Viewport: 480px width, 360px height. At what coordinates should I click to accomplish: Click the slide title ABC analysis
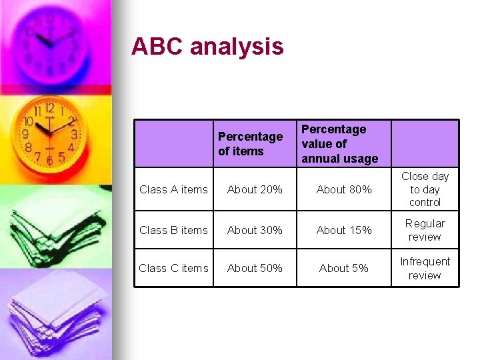pyautogui.click(x=207, y=47)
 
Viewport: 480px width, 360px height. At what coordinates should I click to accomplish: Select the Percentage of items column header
pyautogui.click(x=250, y=144)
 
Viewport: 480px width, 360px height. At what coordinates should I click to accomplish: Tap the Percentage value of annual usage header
pyautogui.click(x=339, y=143)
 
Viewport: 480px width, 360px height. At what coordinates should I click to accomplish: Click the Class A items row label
pyautogui.click(x=173, y=190)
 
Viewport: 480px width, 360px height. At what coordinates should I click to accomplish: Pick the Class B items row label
pyautogui.click(x=173, y=231)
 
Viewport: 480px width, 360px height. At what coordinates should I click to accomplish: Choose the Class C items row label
pyautogui.click(x=173, y=269)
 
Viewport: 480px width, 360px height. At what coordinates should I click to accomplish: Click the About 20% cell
pyautogui.click(x=255, y=190)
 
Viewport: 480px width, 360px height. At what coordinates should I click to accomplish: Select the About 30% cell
pyautogui.click(x=255, y=231)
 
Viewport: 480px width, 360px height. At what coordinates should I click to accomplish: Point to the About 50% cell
pyautogui.click(x=255, y=269)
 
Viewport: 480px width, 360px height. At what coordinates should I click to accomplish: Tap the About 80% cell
pyautogui.click(x=344, y=190)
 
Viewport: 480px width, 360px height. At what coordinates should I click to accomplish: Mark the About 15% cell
pyautogui.click(x=344, y=231)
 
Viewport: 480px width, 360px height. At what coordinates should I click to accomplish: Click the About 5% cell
pyautogui.click(x=344, y=269)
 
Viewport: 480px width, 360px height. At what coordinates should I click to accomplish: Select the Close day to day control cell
pyautogui.click(x=425, y=189)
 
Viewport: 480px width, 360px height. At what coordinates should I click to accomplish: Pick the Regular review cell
pyautogui.click(x=425, y=230)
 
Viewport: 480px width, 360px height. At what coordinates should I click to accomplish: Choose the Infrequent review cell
pyautogui.click(x=425, y=269)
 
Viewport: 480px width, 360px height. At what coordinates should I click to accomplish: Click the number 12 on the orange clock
pyautogui.click(x=49, y=107)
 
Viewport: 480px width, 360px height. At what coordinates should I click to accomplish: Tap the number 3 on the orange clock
pyautogui.click(x=74, y=134)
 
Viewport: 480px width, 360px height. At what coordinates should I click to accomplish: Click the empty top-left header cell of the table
pyautogui.click(x=173, y=143)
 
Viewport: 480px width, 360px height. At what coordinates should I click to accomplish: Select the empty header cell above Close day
pyautogui.click(x=425, y=143)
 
